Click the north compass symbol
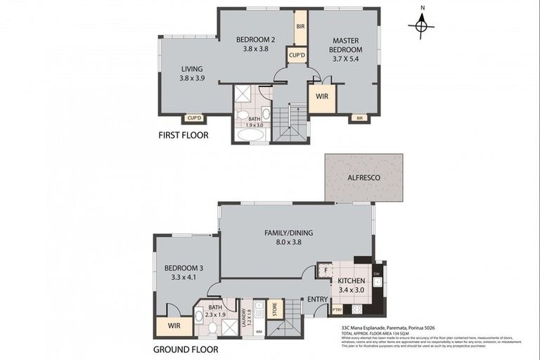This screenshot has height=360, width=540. coord(421,25)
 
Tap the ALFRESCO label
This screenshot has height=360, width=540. coord(364,178)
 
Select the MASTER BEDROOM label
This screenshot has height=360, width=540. coord(347,45)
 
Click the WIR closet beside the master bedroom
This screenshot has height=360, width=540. coord(322,96)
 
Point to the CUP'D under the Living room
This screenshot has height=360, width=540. coord(193,117)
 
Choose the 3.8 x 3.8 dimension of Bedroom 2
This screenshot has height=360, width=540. coord(254,49)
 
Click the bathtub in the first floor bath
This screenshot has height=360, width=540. coord(250,134)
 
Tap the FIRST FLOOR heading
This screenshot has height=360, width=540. coord(183,135)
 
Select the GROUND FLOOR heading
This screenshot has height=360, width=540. coord(186,349)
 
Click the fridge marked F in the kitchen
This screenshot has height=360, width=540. coord(325,269)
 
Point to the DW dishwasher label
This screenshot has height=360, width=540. coord(377,274)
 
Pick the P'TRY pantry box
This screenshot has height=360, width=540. coord(337,309)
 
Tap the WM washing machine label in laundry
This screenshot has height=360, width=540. coord(259,331)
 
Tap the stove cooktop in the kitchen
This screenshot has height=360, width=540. coord(356,308)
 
